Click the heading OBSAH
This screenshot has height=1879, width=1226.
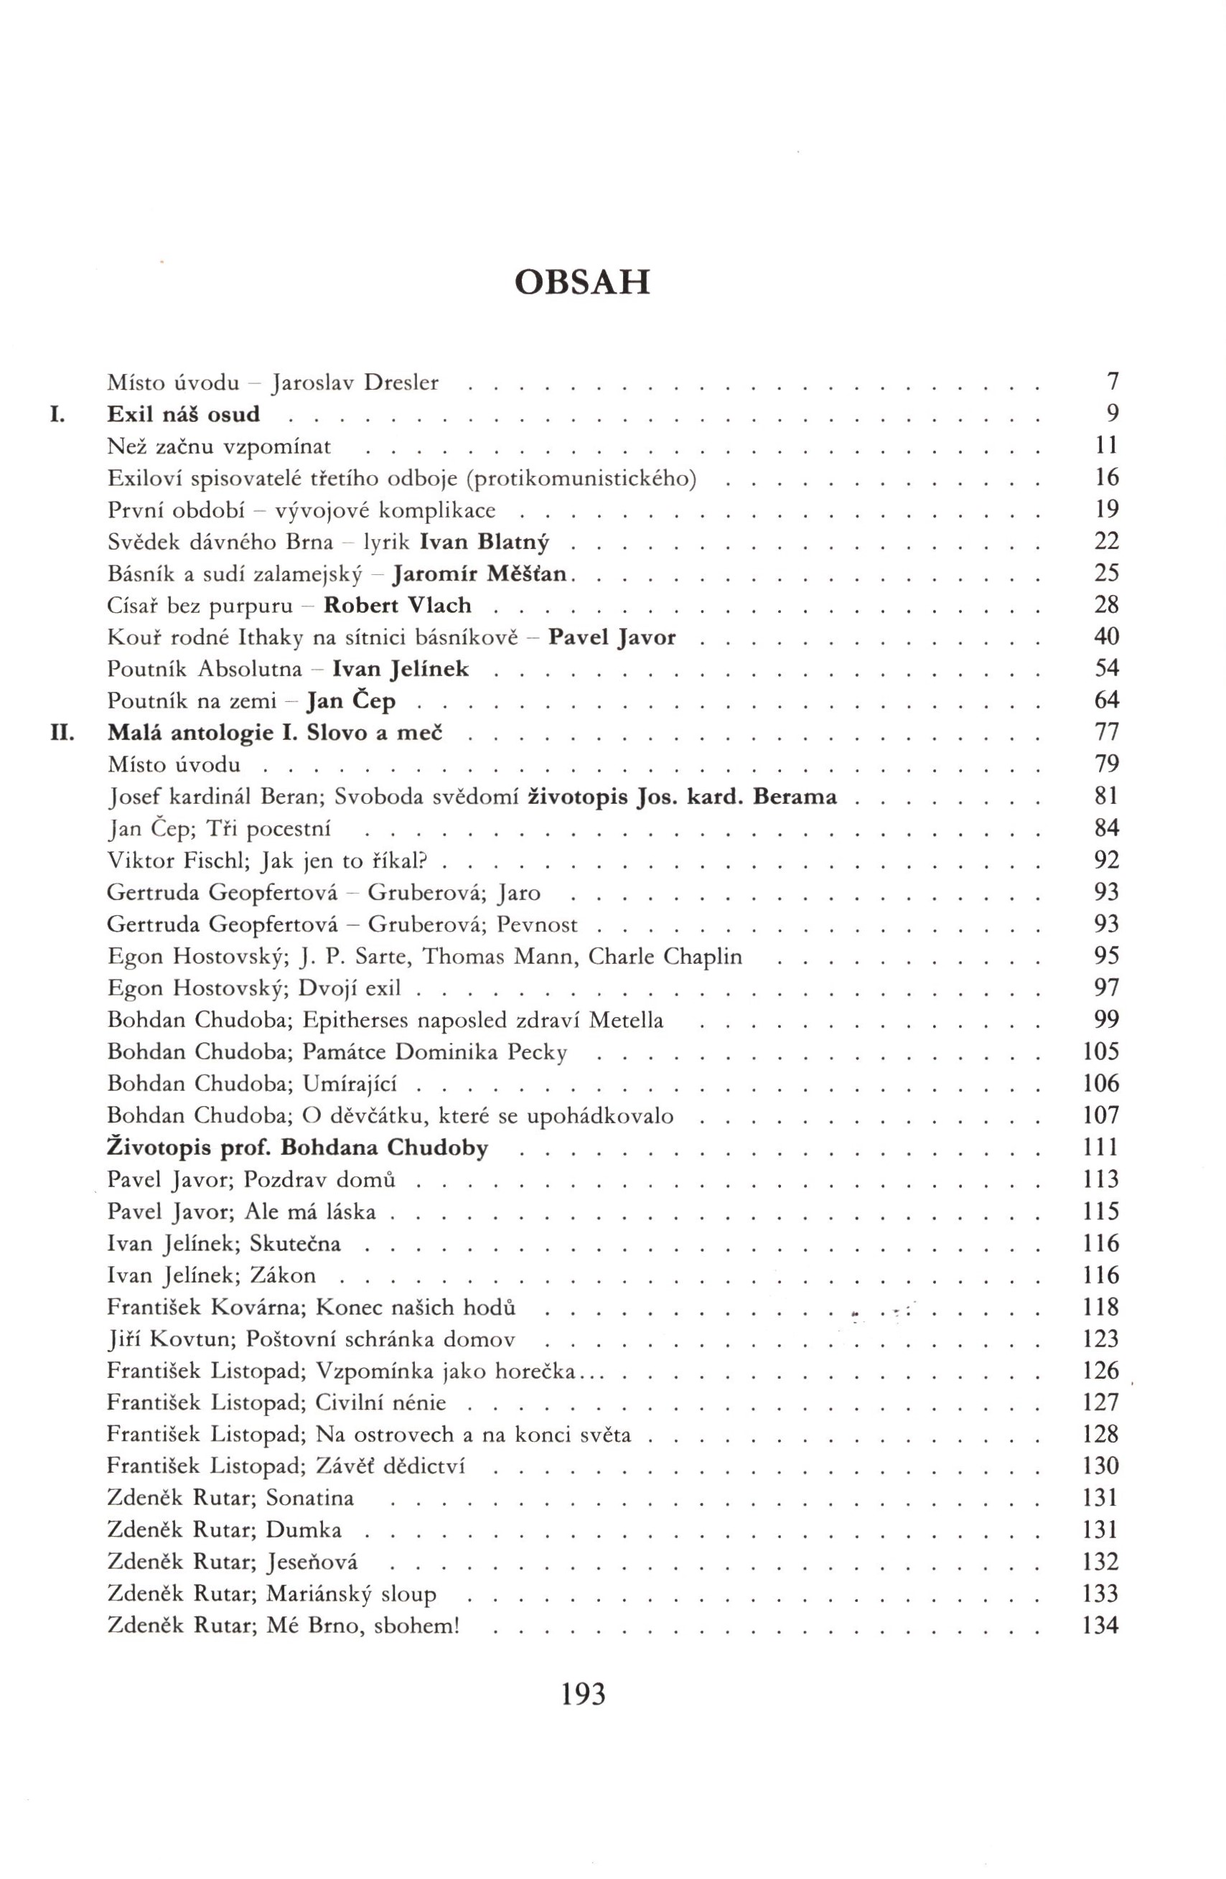click(x=582, y=283)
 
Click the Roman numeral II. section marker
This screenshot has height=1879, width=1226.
click(x=62, y=733)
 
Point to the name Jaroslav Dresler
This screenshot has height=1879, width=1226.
click(x=355, y=384)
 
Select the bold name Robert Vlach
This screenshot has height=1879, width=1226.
click(x=398, y=606)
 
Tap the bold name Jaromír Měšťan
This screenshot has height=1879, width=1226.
click(x=481, y=574)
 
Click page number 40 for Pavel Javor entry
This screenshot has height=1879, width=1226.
click(x=1107, y=637)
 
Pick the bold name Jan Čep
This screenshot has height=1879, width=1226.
click(x=350, y=701)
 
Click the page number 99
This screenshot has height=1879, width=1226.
click(x=1107, y=1020)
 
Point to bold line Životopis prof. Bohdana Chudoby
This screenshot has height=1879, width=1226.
click(x=298, y=1147)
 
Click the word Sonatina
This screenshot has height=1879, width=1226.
click(x=310, y=1498)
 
